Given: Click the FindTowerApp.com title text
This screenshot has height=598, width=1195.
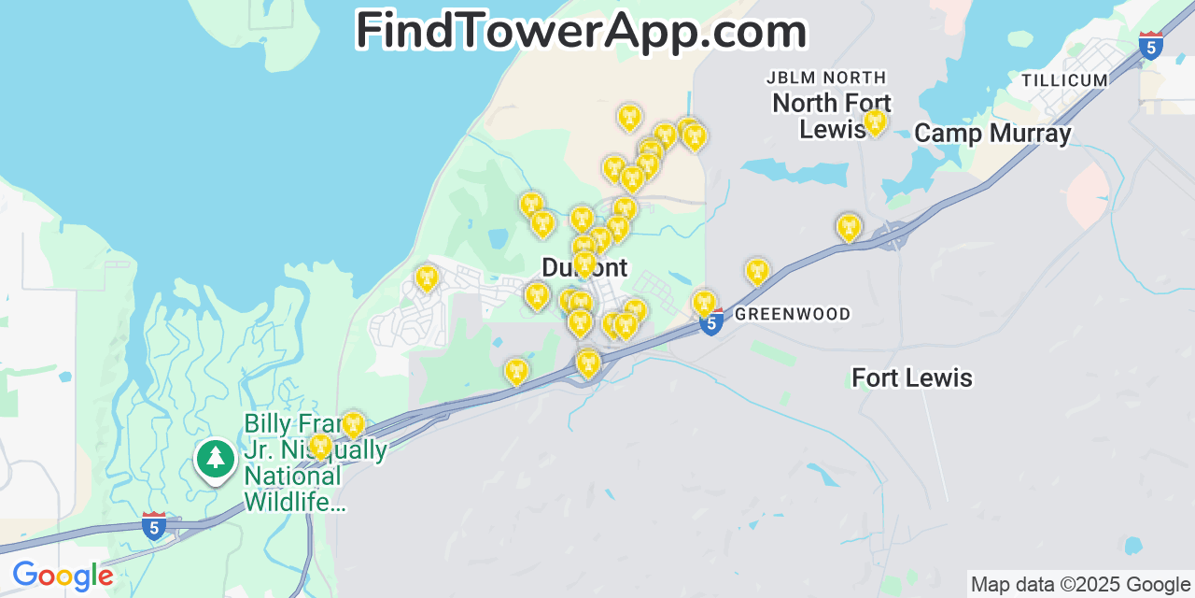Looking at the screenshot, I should (581, 32).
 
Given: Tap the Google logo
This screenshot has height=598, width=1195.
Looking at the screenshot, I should (63, 577).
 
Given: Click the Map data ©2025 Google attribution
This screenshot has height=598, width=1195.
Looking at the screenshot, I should (1080, 585).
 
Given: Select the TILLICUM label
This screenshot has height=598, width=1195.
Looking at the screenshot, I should (1064, 80).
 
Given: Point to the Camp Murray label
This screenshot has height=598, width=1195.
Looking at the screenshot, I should (991, 134).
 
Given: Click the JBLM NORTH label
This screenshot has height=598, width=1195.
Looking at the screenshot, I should (826, 77).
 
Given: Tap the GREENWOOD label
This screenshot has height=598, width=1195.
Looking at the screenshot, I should (793, 314).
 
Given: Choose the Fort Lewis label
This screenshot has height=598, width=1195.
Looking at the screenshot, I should (911, 377).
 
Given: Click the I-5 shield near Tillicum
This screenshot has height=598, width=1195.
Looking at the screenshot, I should (1151, 45).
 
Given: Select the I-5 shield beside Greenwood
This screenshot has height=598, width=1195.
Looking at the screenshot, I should (712, 323).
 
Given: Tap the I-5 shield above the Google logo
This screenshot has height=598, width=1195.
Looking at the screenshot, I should (154, 526).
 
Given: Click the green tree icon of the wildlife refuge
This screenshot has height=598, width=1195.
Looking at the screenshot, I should (216, 458).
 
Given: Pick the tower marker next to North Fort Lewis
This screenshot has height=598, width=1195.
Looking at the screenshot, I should (875, 122).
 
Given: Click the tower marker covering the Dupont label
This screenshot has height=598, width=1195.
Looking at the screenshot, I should (584, 263).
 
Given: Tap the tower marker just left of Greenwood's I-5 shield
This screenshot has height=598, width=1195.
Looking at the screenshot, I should (704, 303).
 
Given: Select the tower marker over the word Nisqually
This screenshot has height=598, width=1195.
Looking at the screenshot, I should (320, 446).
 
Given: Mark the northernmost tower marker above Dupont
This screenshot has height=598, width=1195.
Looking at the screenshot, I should (630, 117).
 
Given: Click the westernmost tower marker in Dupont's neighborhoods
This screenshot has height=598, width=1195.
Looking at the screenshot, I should (427, 278).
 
